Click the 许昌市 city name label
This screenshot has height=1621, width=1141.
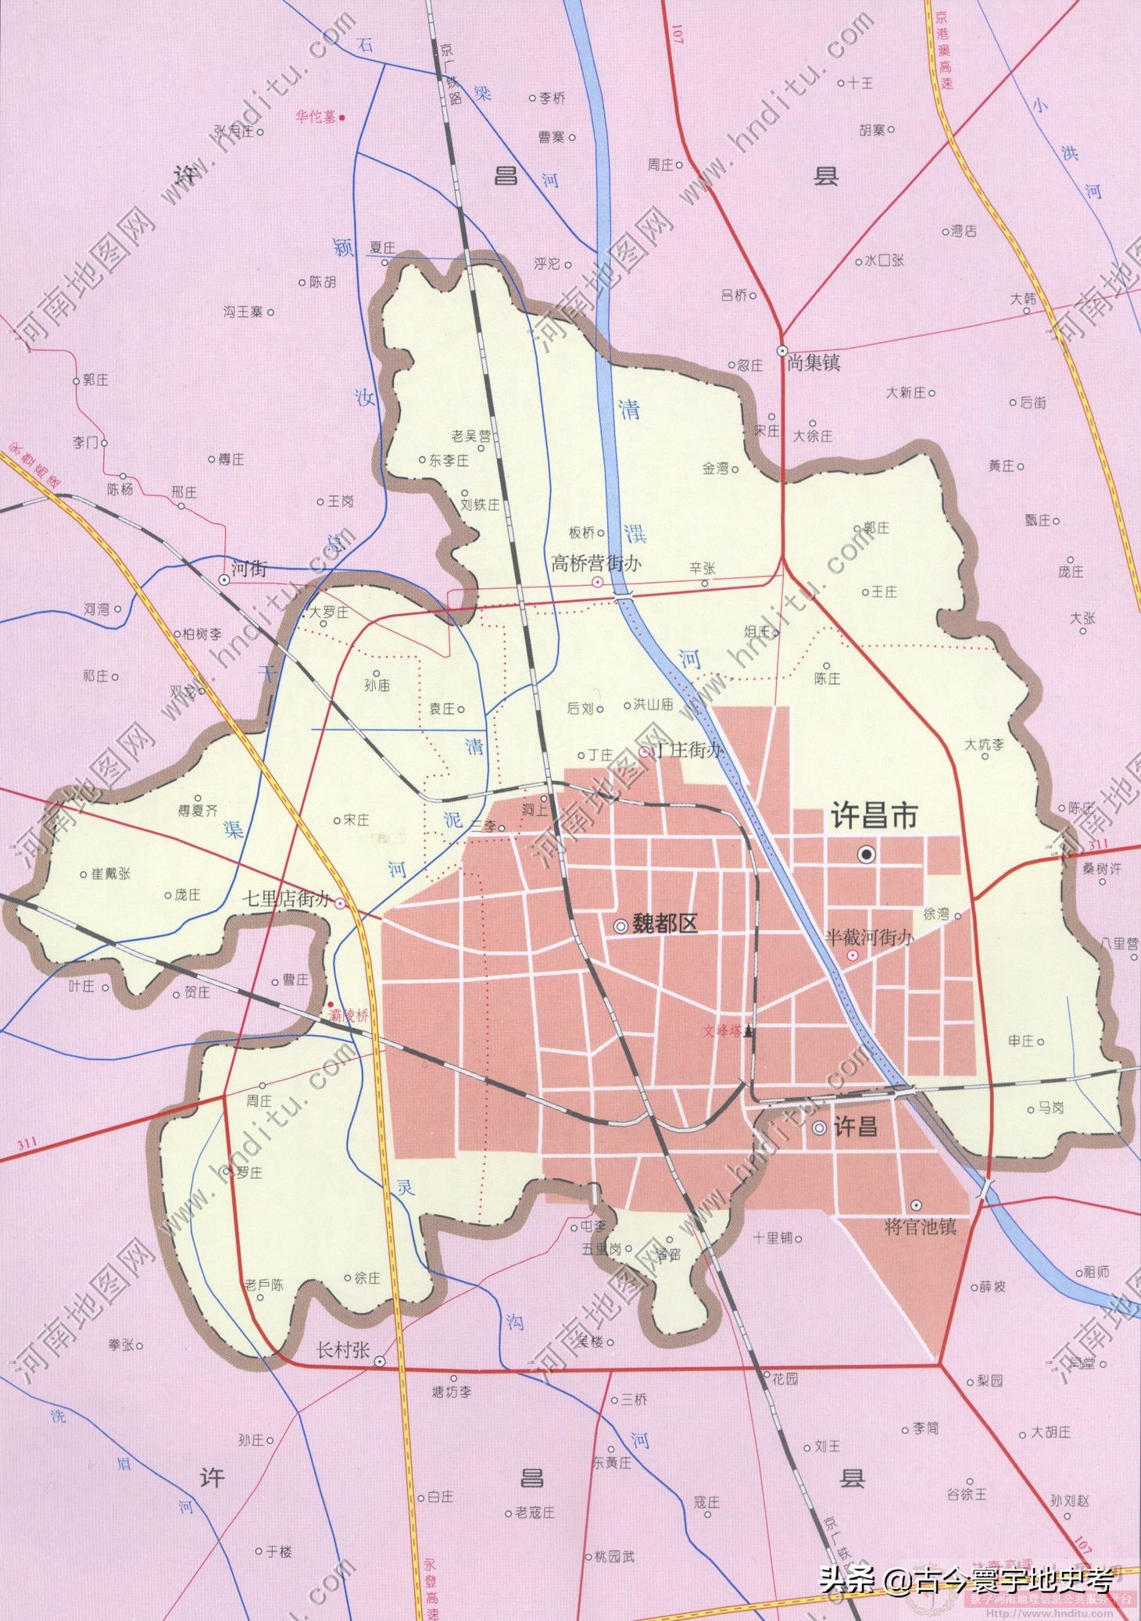873,817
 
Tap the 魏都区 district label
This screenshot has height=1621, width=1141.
664,925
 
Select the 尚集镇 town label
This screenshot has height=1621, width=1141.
814,363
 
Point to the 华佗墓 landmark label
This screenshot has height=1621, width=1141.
315,117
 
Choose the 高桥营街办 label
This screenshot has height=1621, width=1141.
596,563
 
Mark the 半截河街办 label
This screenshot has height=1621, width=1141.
870,937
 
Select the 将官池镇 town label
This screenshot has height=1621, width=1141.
920,1226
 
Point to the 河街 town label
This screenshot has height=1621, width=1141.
249,569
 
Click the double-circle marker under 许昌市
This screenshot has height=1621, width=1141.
866,855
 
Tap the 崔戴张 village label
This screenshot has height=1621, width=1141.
111,873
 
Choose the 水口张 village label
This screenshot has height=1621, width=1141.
884,260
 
